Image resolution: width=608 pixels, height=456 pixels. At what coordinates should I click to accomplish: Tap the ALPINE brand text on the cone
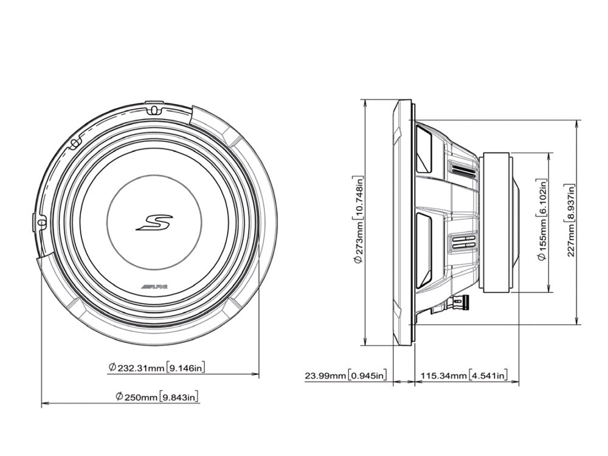(x=153, y=286)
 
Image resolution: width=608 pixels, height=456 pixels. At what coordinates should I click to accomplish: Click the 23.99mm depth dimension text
(x=326, y=376)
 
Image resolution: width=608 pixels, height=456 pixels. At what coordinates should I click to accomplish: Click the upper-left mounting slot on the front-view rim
(x=74, y=144)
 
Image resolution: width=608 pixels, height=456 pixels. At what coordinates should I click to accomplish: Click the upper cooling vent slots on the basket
(x=464, y=171)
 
